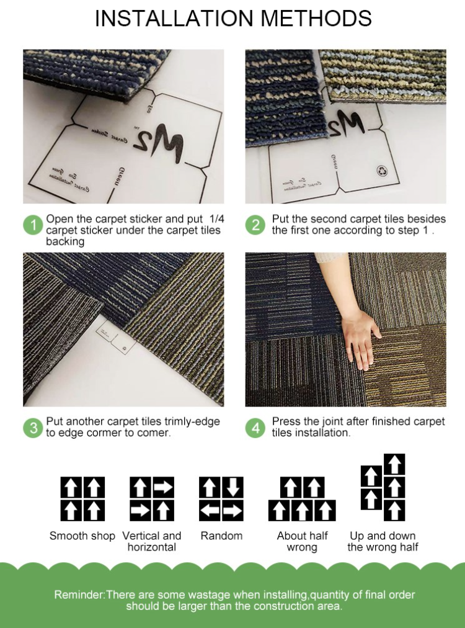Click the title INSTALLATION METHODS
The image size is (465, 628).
(x=232, y=19)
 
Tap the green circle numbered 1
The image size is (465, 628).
(x=33, y=225)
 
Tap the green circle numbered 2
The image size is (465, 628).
(x=256, y=225)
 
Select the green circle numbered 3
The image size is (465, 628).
(x=33, y=428)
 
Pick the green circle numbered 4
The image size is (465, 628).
(x=256, y=428)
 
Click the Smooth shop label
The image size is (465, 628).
(x=82, y=536)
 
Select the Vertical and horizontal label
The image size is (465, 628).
(x=152, y=541)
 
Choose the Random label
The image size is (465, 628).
(x=221, y=536)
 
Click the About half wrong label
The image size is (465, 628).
(x=301, y=541)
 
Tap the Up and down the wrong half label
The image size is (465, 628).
(x=383, y=541)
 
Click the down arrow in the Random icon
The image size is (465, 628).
(x=232, y=487)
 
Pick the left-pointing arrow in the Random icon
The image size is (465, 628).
(x=210, y=511)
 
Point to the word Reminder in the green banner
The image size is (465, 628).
(x=79, y=594)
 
